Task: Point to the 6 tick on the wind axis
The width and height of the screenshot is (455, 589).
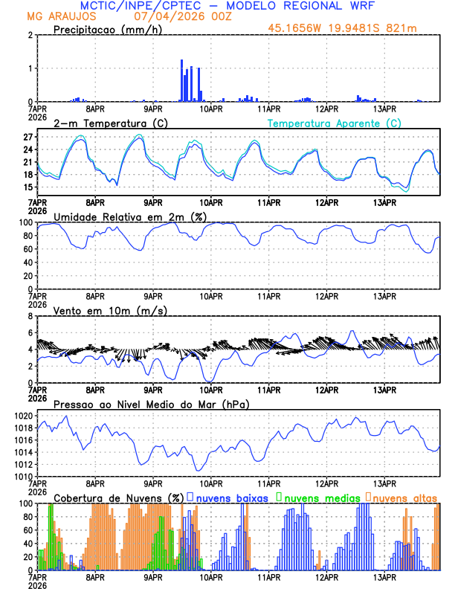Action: [x=31, y=332]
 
